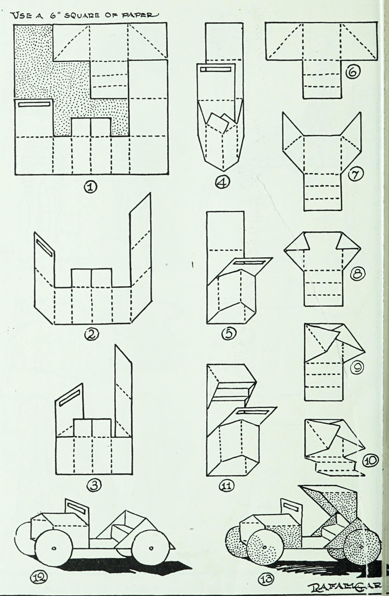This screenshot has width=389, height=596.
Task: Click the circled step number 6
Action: click(x=352, y=73)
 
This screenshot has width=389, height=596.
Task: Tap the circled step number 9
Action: click(x=357, y=368)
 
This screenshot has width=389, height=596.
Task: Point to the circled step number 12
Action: click(x=38, y=578)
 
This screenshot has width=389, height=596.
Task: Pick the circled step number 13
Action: click(x=267, y=579)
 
